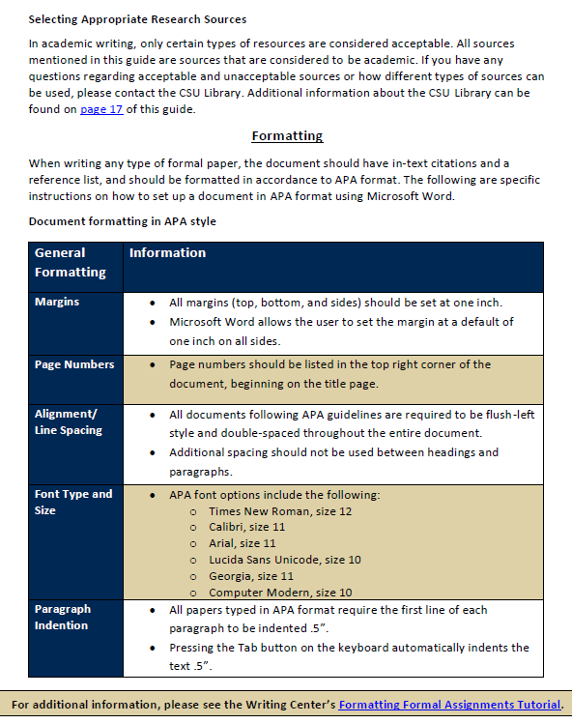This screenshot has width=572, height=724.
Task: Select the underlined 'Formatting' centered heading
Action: [x=287, y=136]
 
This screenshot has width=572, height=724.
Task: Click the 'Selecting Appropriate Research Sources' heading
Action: [x=137, y=19]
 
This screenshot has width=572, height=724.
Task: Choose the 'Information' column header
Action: [x=167, y=253]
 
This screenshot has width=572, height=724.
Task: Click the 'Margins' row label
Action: [x=57, y=302]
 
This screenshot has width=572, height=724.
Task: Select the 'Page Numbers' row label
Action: [x=74, y=364]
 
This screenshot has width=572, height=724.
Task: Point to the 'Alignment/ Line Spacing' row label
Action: [x=68, y=421]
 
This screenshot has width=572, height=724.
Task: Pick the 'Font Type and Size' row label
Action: [x=73, y=502]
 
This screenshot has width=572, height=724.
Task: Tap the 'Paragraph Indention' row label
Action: [x=63, y=618]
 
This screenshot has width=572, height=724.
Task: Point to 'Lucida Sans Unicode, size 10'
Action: [x=278, y=560]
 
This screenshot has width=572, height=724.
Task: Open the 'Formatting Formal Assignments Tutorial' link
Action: [x=449, y=705]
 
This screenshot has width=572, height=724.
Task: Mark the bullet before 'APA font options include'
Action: [x=154, y=495]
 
